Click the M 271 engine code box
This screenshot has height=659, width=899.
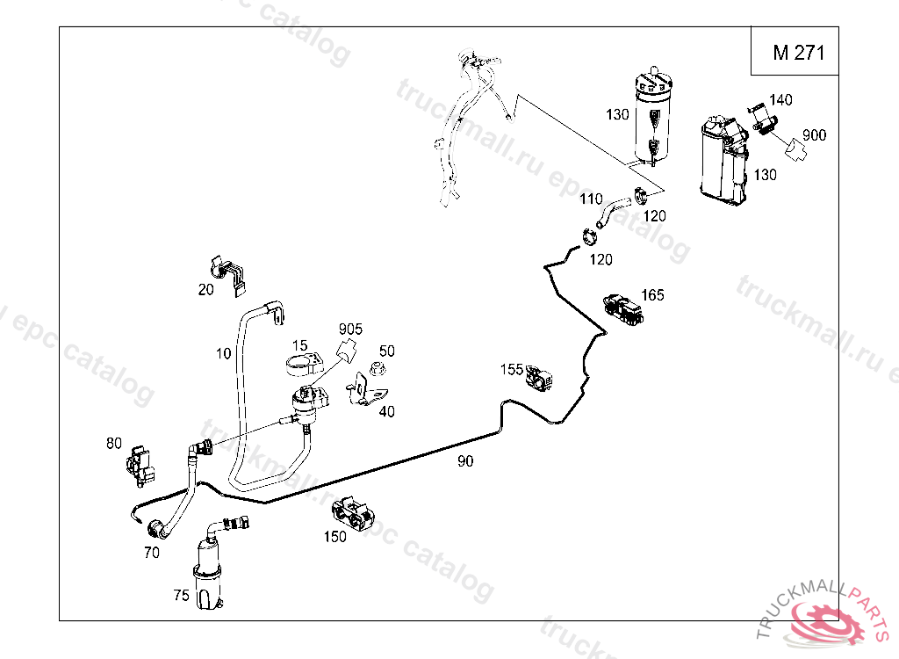(797, 53)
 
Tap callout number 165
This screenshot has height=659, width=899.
(653, 294)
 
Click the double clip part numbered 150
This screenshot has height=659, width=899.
(356, 513)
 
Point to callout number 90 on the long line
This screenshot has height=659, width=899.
(465, 460)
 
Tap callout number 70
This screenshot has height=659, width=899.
(151, 553)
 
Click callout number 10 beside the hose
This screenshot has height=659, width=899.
(223, 353)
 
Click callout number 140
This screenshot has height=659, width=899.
(780, 100)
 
